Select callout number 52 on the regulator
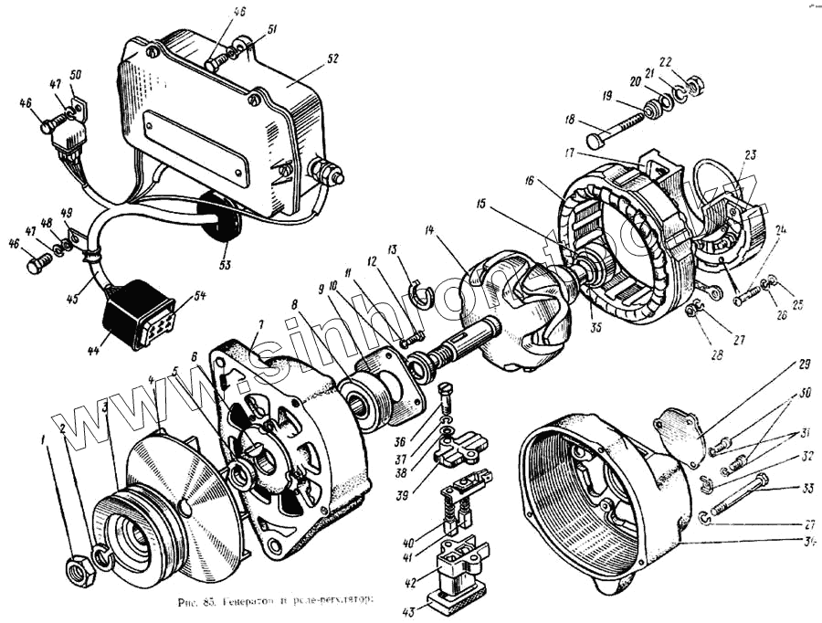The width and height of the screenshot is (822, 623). point(332,57)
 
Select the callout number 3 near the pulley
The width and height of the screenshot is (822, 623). point(106,405)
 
